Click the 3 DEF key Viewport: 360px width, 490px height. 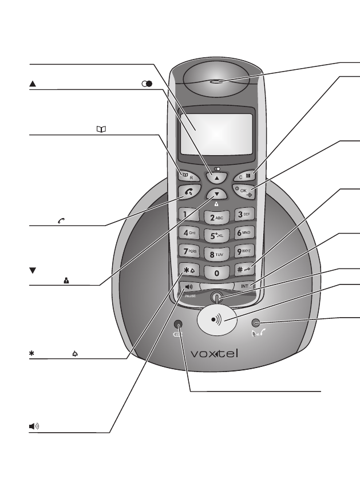point(244,215)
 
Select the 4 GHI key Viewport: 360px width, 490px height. point(189,233)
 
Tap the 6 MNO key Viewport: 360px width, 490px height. point(243,234)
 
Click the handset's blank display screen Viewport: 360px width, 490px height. point(215,129)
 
